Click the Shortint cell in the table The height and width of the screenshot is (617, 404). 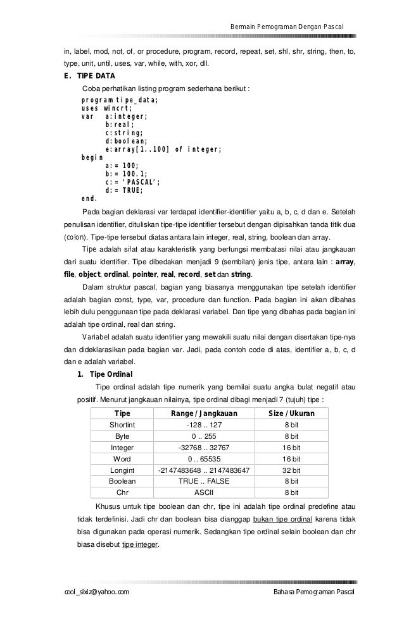pyautogui.click(x=122, y=425)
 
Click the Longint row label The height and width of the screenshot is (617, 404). pyautogui.click(x=122, y=470)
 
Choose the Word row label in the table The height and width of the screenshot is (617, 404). pyautogui.click(x=122, y=458)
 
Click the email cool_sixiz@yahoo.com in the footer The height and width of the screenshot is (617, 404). pyautogui.click(x=93, y=590)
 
